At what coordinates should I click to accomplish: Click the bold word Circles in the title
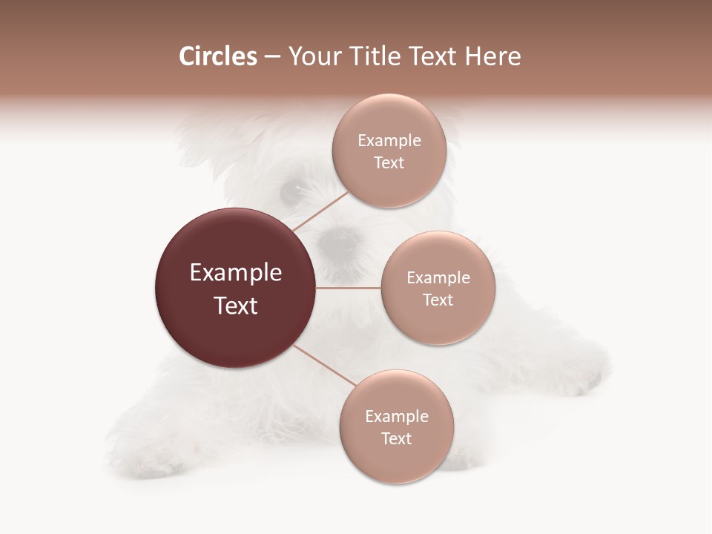point(217,56)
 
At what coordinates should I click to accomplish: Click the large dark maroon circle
point(235,288)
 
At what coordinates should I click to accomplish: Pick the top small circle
point(389,151)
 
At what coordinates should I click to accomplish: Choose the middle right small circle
point(438,288)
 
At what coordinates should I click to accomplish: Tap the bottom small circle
point(397,426)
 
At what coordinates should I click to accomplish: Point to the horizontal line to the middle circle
point(348,288)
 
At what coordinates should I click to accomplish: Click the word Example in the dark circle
point(235,273)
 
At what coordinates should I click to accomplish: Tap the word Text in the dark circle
point(235,306)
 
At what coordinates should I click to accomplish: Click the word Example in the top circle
point(389,140)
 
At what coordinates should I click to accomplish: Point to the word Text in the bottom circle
point(396,438)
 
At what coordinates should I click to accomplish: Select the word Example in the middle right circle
point(438,277)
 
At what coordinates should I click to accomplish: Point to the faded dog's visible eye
point(290,193)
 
